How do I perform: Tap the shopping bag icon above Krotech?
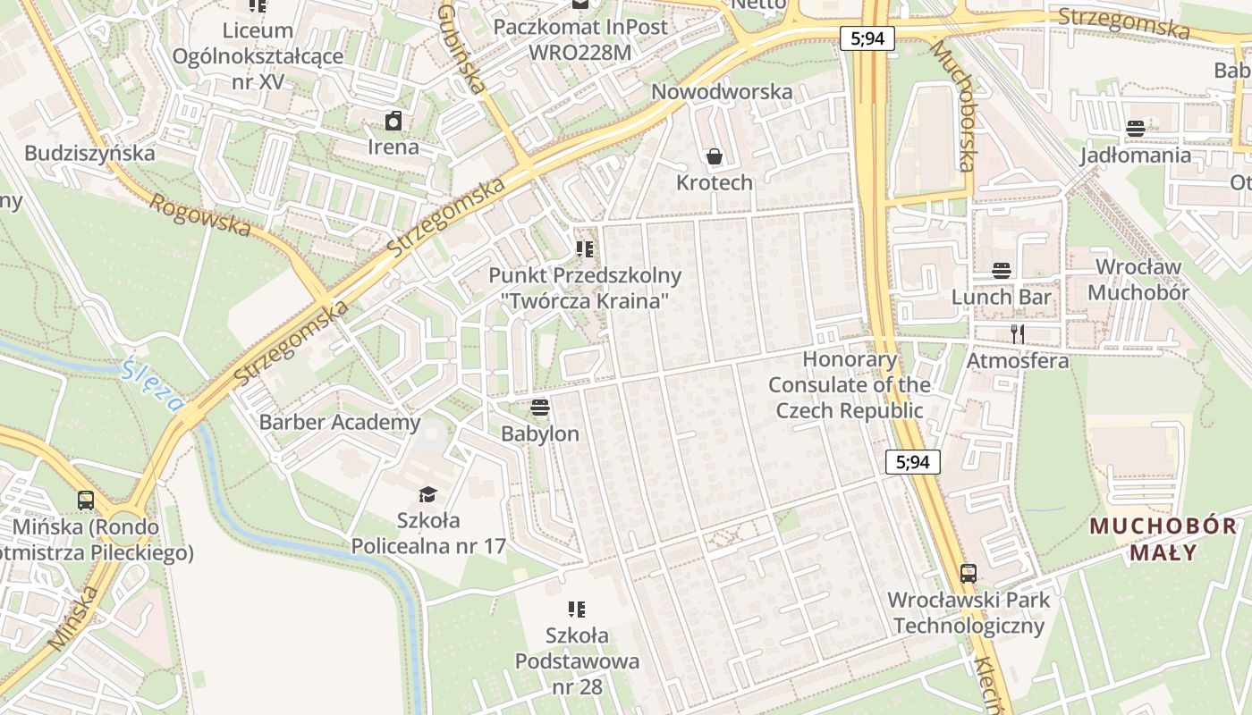tap(715, 157)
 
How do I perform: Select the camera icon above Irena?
tap(393, 121)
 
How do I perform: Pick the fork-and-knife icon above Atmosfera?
tap(1017, 334)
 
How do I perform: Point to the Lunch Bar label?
tap(1001, 297)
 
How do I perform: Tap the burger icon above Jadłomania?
tap(1136, 129)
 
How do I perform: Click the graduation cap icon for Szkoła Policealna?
tap(428, 494)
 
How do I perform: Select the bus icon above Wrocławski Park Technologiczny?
tap(969, 573)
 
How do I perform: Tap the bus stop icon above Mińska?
tap(86, 500)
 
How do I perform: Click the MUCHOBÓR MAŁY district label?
tap(1163, 539)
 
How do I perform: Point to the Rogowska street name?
tap(199, 215)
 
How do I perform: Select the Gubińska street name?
tap(461, 48)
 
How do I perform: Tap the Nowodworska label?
tap(722, 92)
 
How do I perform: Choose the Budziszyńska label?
tap(89, 153)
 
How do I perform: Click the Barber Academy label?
tap(340, 422)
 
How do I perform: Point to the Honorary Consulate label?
tap(850, 385)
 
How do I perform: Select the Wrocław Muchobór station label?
tap(1138, 280)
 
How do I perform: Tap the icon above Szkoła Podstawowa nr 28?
tap(577, 610)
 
